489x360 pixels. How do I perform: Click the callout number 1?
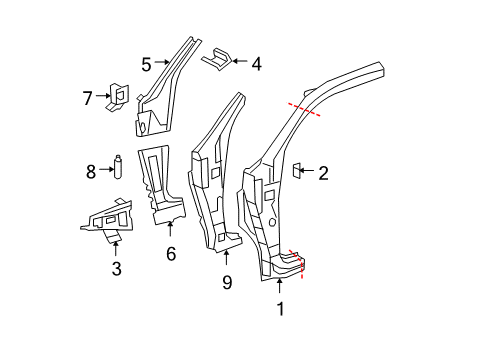coord(281,309)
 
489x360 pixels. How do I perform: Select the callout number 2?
coord(323,173)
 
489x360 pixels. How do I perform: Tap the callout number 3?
coord(116,269)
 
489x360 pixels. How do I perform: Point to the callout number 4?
coord(256,64)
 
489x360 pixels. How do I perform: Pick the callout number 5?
coord(146,64)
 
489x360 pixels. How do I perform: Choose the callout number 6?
coord(171,254)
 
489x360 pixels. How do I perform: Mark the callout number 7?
coord(87,98)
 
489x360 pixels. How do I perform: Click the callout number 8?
coord(91,172)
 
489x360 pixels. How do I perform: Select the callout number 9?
coord(227,282)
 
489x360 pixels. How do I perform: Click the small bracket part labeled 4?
coord(217,59)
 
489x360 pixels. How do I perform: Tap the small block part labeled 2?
coord(297,170)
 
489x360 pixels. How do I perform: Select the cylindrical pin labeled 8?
coord(118,167)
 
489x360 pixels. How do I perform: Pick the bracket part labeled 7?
coord(118,97)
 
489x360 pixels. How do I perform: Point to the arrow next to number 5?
coord(162,62)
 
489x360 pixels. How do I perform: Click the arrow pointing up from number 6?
coord(170,229)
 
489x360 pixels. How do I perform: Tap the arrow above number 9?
coord(226,258)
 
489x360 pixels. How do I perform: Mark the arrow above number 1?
coord(280,286)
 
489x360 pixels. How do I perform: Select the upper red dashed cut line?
coord(304,109)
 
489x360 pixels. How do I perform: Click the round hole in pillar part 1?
coord(272,222)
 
